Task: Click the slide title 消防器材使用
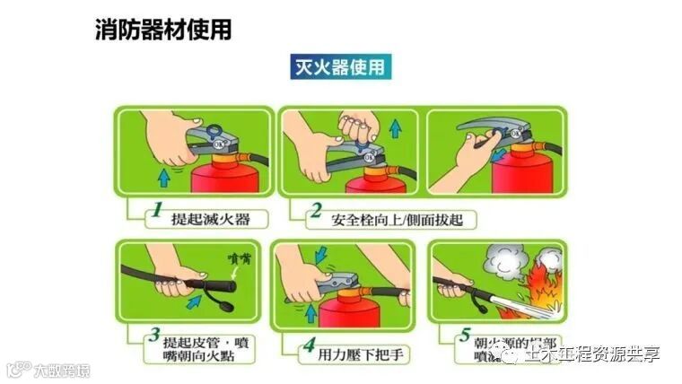coord(162,29)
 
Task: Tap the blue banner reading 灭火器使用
coord(339,66)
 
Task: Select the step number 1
coord(156,212)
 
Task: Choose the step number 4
coord(308,344)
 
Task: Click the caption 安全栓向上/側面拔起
coord(390,218)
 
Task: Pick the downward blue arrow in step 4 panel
coord(317,254)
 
